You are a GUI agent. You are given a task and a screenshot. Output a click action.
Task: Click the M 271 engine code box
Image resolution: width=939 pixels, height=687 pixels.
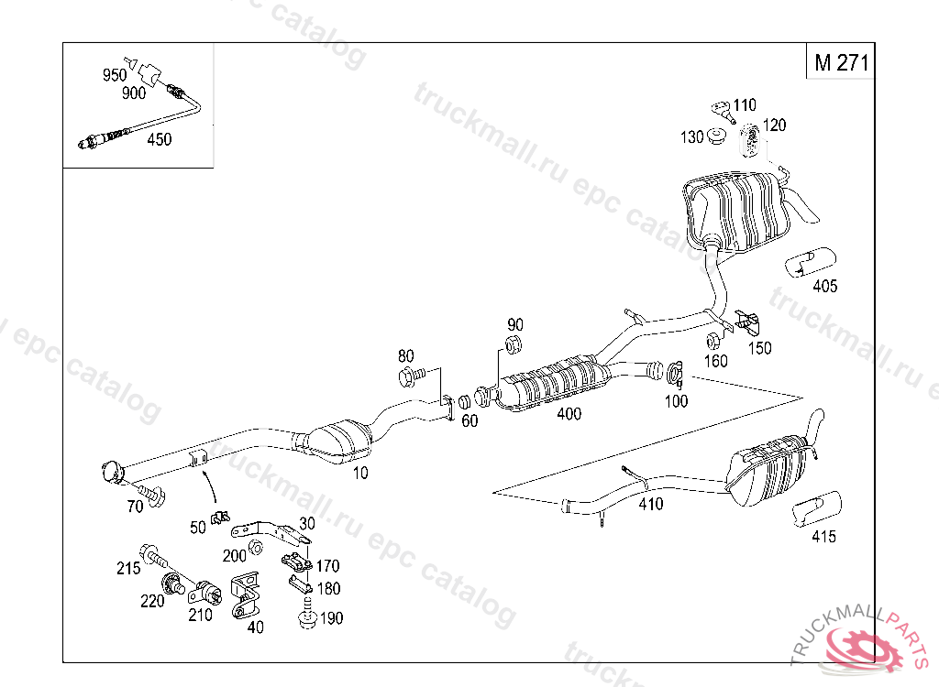click(840, 62)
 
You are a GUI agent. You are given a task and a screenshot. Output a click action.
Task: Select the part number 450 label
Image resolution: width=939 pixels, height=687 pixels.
click(159, 139)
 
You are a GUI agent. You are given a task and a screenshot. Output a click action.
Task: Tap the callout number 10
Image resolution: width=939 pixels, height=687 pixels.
click(360, 473)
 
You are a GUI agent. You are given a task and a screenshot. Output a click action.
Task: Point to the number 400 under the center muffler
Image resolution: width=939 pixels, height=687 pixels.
click(569, 414)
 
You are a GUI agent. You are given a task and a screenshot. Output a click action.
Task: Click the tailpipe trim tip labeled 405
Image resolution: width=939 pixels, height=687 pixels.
click(806, 260)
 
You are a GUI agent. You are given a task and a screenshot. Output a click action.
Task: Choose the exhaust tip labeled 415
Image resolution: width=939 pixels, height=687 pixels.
click(816, 509)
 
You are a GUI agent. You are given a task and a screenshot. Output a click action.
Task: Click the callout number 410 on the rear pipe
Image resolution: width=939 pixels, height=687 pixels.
click(650, 504)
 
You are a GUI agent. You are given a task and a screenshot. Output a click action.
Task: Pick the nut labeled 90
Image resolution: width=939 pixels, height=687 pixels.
click(514, 346)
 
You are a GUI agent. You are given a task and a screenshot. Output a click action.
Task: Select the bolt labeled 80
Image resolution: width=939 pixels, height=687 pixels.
click(411, 375)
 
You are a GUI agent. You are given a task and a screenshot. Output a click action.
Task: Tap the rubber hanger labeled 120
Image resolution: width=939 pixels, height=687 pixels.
click(749, 138)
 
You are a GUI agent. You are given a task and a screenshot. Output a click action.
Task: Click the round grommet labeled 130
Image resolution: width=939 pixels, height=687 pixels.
click(717, 137)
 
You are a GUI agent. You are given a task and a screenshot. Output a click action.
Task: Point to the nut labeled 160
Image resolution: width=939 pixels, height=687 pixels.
click(713, 342)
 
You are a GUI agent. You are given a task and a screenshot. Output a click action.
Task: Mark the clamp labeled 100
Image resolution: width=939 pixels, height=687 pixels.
click(676, 373)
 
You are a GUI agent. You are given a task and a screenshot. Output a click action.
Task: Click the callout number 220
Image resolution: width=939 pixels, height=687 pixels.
click(152, 601)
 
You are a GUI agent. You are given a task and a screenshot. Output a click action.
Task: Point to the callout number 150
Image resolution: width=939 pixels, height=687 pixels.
click(759, 348)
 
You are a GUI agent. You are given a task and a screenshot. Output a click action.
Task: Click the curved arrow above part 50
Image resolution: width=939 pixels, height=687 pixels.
click(212, 485)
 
